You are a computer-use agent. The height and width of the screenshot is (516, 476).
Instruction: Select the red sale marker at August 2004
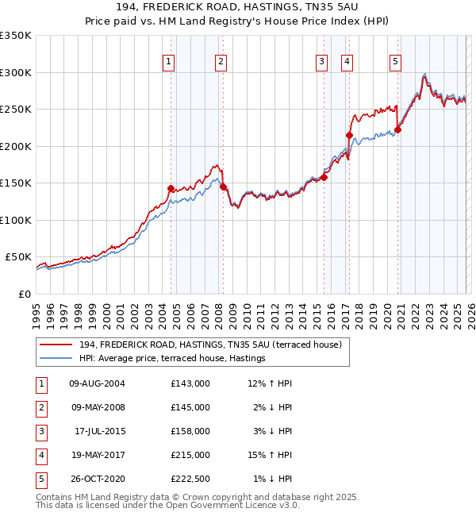pyautogui.click(x=171, y=188)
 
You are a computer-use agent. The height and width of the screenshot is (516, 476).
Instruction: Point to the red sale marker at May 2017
pyautogui.click(x=349, y=136)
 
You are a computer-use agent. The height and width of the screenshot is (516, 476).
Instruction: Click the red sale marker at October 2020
pyautogui.click(x=397, y=130)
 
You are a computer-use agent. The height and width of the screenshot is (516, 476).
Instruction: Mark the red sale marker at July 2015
pyautogui.click(x=324, y=177)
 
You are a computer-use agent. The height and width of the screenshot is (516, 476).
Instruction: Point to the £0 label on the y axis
pyautogui.click(x=25, y=294)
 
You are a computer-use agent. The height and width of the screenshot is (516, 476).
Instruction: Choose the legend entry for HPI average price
pyautogui.click(x=171, y=359)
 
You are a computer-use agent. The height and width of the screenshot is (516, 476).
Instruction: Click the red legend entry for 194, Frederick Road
pyautogui.click(x=209, y=345)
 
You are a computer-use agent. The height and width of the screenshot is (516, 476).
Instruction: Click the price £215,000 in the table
pyautogui.click(x=190, y=455)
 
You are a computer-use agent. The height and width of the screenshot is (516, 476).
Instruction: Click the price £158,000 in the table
pyautogui.click(x=190, y=431)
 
